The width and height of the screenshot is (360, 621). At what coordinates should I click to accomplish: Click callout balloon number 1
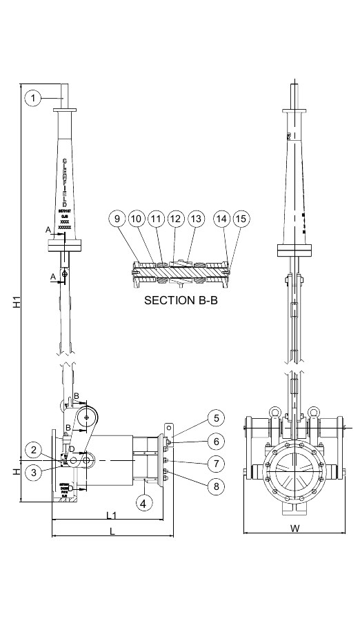pyautogui.click(x=32, y=98)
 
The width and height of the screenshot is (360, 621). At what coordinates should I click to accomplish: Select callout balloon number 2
pyautogui.click(x=32, y=450)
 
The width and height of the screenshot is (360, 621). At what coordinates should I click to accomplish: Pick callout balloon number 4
pyautogui.click(x=143, y=503)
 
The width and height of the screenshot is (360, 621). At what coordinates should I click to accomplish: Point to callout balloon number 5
pyautogui.click(x=216, y=417)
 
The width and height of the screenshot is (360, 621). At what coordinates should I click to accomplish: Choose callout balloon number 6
pyautogui.click(x=216, y=440)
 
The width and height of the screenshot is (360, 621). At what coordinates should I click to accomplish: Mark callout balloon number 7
pyautogui.click(x=216, y=462)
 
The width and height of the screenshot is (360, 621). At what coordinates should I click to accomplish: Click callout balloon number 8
pyautogui.click(x=216, y=486)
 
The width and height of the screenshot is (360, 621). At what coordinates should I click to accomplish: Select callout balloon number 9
pyautogui.click(x=117, y=219)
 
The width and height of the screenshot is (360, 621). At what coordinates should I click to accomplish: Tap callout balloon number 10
pyautogui.click(x=137, y=219)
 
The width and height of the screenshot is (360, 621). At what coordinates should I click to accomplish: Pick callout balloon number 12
pyautogui.click(x=176, y=219)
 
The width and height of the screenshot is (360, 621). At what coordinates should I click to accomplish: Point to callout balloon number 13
pyautogui.click(x=196, y=219)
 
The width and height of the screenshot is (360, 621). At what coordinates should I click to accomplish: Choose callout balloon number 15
pyautogui.click(x=241, y=219)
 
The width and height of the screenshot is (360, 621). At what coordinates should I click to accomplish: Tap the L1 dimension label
pyautogui.click(x=111, y=515)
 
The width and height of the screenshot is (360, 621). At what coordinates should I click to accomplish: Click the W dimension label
pyautogui.click(x=294, y=529)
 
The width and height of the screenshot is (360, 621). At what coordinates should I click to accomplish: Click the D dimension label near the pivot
pyautogui.click(x=72, y=450)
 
